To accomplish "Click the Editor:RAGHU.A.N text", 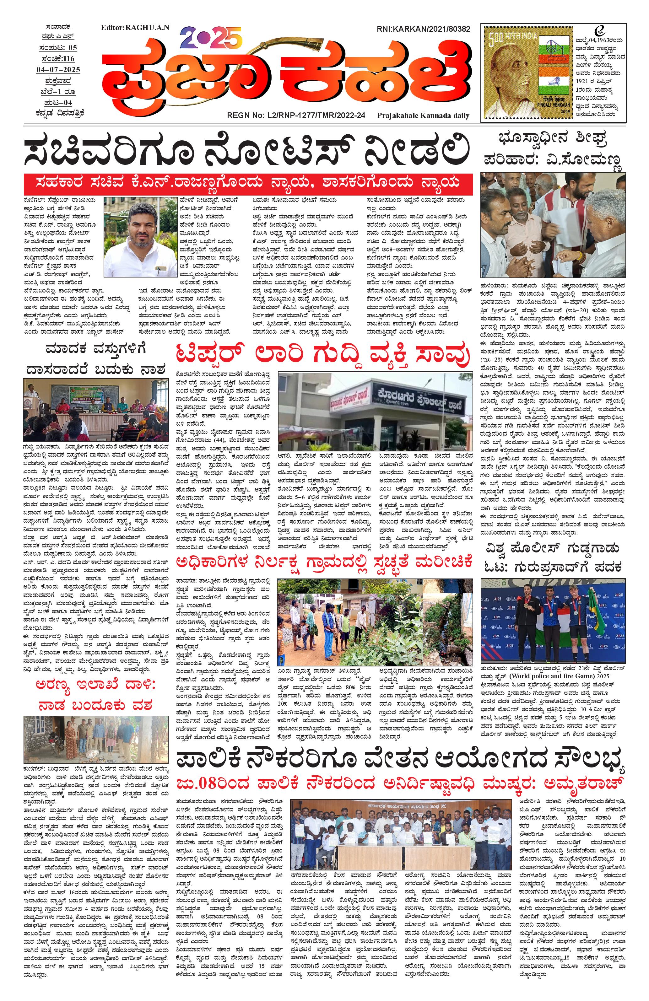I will click(x=135, y=28).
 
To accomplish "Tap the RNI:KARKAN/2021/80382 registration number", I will click(x=422, y=29).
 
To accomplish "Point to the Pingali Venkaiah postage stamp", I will click(x=527, y=73).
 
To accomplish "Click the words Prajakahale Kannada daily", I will click(x=423, y=115).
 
